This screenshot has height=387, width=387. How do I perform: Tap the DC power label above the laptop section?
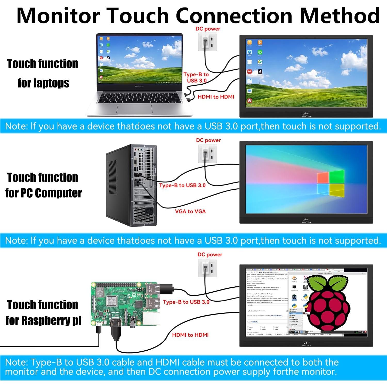(x=208, y=29)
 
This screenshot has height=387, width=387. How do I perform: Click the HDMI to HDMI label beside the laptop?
(x=216, y=97)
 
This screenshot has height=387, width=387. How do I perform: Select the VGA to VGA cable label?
(x=190, y=211)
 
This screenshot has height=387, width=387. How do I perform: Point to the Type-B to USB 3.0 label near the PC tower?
(x=182, y=185)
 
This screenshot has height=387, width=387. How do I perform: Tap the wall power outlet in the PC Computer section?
(x=207, y=154)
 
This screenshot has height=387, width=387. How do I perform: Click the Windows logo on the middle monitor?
(x=330, y=183)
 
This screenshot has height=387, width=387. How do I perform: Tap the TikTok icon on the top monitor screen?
(x=260, y=72)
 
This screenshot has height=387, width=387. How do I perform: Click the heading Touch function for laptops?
(x=43, y=73)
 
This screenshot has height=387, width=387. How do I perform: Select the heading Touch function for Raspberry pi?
(x=43, y=312)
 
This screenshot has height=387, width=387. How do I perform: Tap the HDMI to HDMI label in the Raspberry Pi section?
(x=190, y=335)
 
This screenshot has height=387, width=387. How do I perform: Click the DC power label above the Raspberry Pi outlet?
(x=210, y=254)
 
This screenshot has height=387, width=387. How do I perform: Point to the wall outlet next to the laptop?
(x=207, y=42)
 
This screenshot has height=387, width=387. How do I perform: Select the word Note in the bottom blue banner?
(x=16, y=362)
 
